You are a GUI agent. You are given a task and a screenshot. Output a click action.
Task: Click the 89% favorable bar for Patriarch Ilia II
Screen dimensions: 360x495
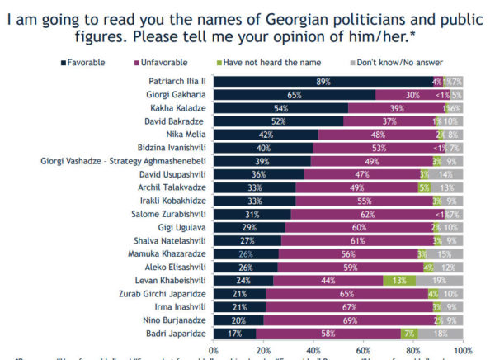323,81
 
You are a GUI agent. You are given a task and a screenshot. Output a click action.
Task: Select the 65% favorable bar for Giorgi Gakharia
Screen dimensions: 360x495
294,95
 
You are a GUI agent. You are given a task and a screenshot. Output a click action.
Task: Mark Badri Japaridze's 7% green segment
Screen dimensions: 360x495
409,334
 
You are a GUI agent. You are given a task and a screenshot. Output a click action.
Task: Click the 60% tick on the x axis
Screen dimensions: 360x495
363,351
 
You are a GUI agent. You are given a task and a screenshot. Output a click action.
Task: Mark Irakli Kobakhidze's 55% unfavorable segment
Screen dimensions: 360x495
364,201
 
